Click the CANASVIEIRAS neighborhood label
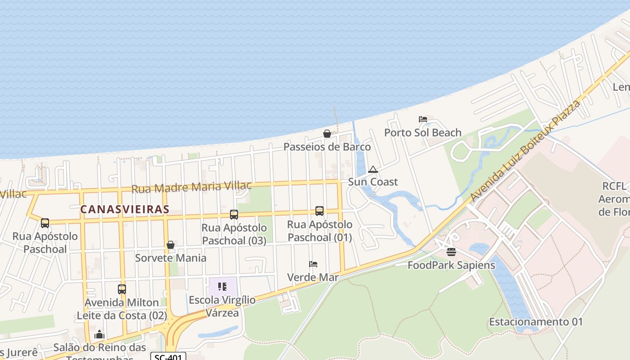tap(125, 209)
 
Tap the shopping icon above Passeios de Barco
tap(327, 134)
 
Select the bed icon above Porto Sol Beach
tap(423, 119)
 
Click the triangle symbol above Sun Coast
tap(373, 170)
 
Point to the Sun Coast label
tap(373, 182)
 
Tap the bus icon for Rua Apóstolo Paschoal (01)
tap(319, 211)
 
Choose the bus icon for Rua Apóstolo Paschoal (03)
tap(234, 214)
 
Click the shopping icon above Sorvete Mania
tap(171, 245)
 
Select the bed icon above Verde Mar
tap(313, 264)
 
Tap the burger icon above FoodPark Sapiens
tap(451, 252)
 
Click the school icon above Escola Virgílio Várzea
tap(222, 287)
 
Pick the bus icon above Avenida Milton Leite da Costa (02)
tap(122, 289)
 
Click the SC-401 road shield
tap(168, 357)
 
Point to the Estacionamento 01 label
tap(535, 322)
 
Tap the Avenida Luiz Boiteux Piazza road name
tap(525, 151)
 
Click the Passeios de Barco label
tap(327, 147)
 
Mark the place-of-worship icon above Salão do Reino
tap(99, 334)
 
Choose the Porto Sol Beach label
tap(423, 133)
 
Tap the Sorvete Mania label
tap(171, 258)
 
